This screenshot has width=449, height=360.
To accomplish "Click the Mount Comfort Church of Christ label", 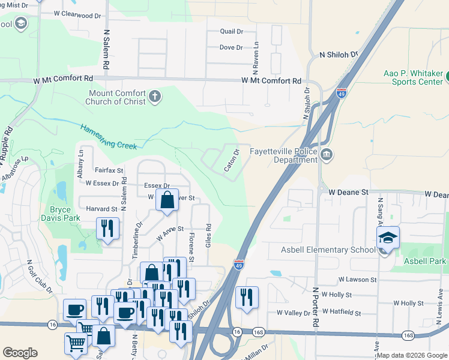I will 117,97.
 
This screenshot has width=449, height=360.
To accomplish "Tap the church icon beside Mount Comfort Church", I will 155,97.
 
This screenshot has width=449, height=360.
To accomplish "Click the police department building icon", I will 327,155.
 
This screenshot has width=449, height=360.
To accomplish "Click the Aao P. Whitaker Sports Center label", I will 413,77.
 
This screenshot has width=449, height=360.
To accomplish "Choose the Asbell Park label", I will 424,261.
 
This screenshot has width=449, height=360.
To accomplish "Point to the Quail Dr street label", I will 231,31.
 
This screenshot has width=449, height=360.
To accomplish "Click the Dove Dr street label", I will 231,47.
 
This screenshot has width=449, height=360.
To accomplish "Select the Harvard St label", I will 101,209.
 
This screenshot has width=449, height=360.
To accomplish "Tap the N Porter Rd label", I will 315,305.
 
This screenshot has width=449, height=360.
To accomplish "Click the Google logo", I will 20,353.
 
